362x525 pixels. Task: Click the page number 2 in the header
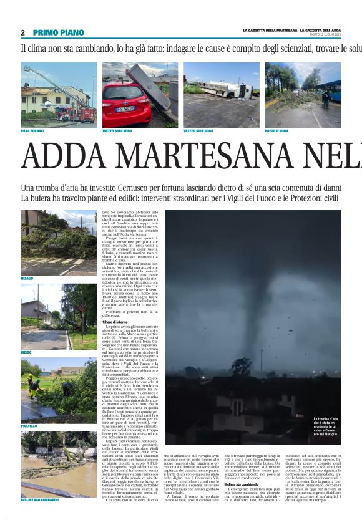[22, 32]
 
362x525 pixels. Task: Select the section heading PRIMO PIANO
[58, 32]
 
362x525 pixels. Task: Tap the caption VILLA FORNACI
[33, 131]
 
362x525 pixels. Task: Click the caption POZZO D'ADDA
[276, 131]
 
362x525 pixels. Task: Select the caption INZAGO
[27, 278]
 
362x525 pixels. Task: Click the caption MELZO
[26, 352]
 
